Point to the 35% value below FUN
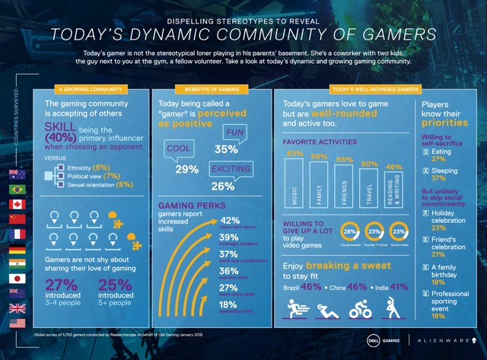point(226,150)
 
